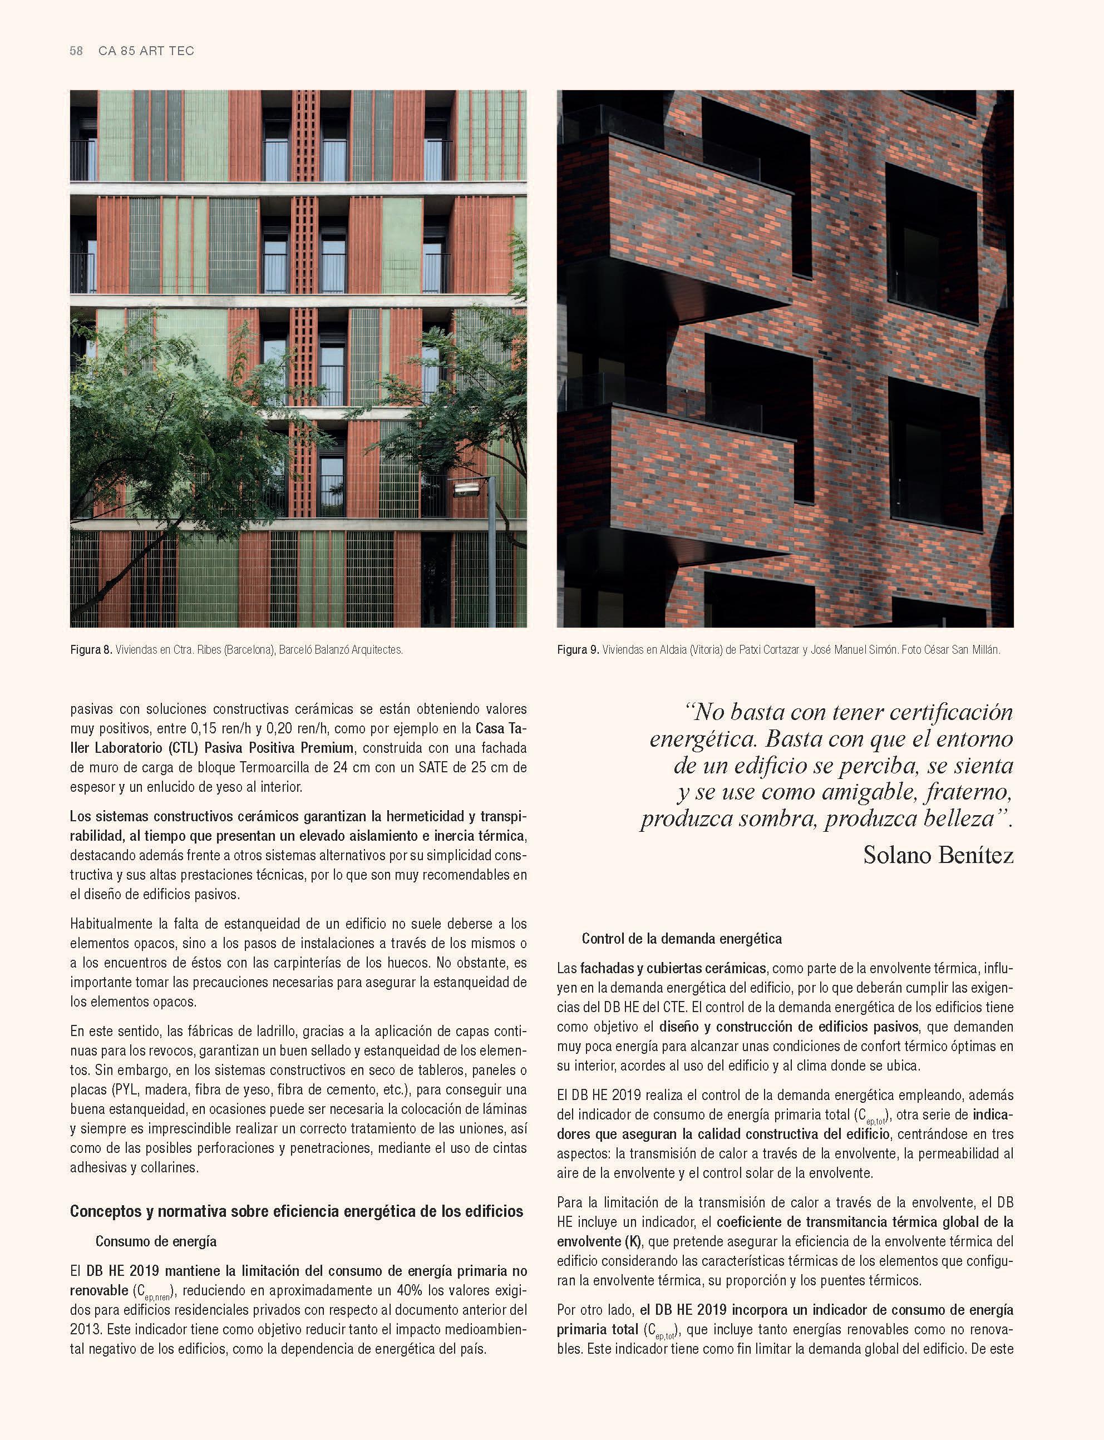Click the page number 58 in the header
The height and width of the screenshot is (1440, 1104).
[x=76, y=51]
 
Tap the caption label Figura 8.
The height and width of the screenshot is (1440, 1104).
[x=91, y=650]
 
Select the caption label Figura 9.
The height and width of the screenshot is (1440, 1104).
[x=578, y=650]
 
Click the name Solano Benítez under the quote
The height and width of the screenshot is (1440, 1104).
[x=938, y=855]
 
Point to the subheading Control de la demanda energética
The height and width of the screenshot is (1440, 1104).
[x=682, y=939]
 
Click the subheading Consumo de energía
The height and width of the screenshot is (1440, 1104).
[x=156, y=1241]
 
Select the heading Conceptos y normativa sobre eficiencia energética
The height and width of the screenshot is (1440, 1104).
[x=297, y=1211]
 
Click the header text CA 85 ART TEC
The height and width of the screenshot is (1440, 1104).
[x=146, y=51]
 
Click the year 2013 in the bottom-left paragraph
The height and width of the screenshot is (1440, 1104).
[x=86, y=1329]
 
